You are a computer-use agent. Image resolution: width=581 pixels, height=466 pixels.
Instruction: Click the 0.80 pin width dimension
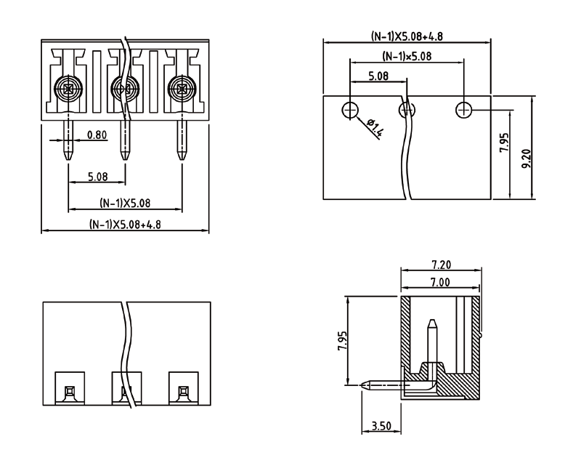coord(97,134)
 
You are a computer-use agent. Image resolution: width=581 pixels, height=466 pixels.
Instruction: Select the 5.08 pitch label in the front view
coord(97,177)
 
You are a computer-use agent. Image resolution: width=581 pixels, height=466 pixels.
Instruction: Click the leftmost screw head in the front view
coord(68,90)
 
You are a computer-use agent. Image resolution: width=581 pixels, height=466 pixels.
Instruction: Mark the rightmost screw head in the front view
coord(181,90)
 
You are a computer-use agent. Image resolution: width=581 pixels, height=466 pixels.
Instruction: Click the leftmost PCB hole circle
coord(351,110)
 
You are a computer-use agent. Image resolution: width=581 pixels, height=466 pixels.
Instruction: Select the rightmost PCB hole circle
coord(464,110)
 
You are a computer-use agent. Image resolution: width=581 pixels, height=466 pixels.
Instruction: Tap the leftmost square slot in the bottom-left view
coord(69,391)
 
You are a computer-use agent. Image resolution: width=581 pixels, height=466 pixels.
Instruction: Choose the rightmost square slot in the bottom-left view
coord(182,391)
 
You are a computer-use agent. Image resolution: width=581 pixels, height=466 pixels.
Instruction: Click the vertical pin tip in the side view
coord(433,323)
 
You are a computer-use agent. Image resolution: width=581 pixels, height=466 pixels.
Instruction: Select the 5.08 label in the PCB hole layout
coord(378,75)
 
